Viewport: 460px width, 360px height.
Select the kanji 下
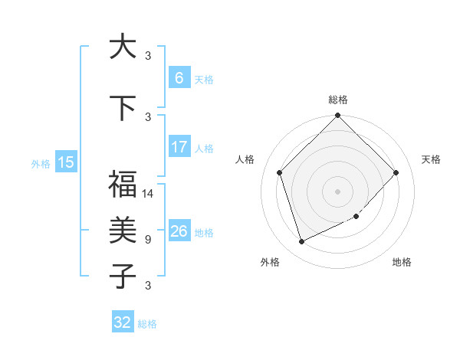[122, 108]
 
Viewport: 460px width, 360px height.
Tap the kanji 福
[122, 185]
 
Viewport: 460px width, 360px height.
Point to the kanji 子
[122, 275]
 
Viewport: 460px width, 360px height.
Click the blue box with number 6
[179, 77]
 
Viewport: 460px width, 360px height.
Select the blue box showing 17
[179, 146]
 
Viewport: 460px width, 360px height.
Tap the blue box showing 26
[179, 231]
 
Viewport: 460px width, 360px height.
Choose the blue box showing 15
[66, 162]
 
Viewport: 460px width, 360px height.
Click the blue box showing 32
[123, 322]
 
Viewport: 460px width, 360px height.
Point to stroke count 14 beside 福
[149, 194]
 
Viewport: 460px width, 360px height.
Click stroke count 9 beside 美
[148, 240]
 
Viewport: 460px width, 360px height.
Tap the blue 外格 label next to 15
[41, 162]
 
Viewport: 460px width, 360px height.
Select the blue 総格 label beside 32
[148, 324]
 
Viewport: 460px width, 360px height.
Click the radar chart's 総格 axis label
[338, 100]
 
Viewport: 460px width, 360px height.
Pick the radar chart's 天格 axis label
[431, 159]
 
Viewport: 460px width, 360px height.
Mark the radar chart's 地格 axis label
[402, 262]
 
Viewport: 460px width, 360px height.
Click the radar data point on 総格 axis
[338, 116]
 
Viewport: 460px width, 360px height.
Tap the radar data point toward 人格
[280, 172]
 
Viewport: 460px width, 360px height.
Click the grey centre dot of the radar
[338, 191]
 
